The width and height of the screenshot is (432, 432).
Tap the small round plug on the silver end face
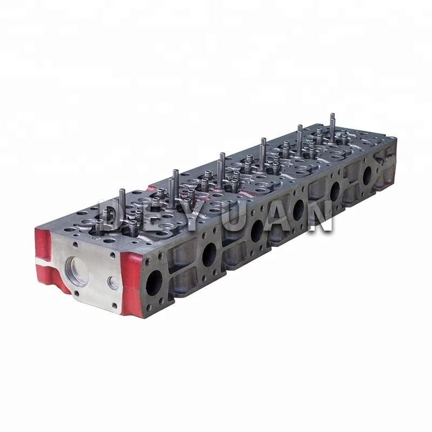tap(113, 282)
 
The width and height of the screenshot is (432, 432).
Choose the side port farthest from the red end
tap(367, 175)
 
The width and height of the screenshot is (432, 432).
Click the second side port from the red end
tap(209, 254)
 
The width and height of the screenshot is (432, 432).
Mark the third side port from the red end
tap(256, 231)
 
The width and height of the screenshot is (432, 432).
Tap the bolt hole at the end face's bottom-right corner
tap(114, 306)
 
